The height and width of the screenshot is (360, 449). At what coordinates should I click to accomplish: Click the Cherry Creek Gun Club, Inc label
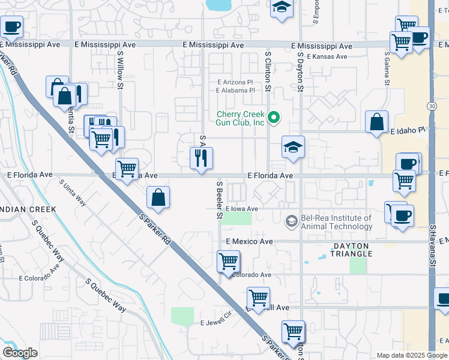coord(241,118)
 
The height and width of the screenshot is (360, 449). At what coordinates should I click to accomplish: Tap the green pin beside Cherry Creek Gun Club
coord(274,117)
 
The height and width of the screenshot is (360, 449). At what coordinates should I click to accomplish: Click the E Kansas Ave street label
coord(327,57)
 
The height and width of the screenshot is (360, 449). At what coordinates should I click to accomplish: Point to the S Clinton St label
coord(268,70)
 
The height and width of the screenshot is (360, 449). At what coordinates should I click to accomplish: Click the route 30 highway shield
coord(432,106)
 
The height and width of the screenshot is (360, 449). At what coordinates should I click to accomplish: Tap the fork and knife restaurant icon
coord(201,158)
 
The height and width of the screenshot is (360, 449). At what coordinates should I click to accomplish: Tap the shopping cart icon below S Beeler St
coord(228,262)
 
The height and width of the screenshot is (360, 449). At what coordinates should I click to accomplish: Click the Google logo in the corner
coord(20,353)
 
